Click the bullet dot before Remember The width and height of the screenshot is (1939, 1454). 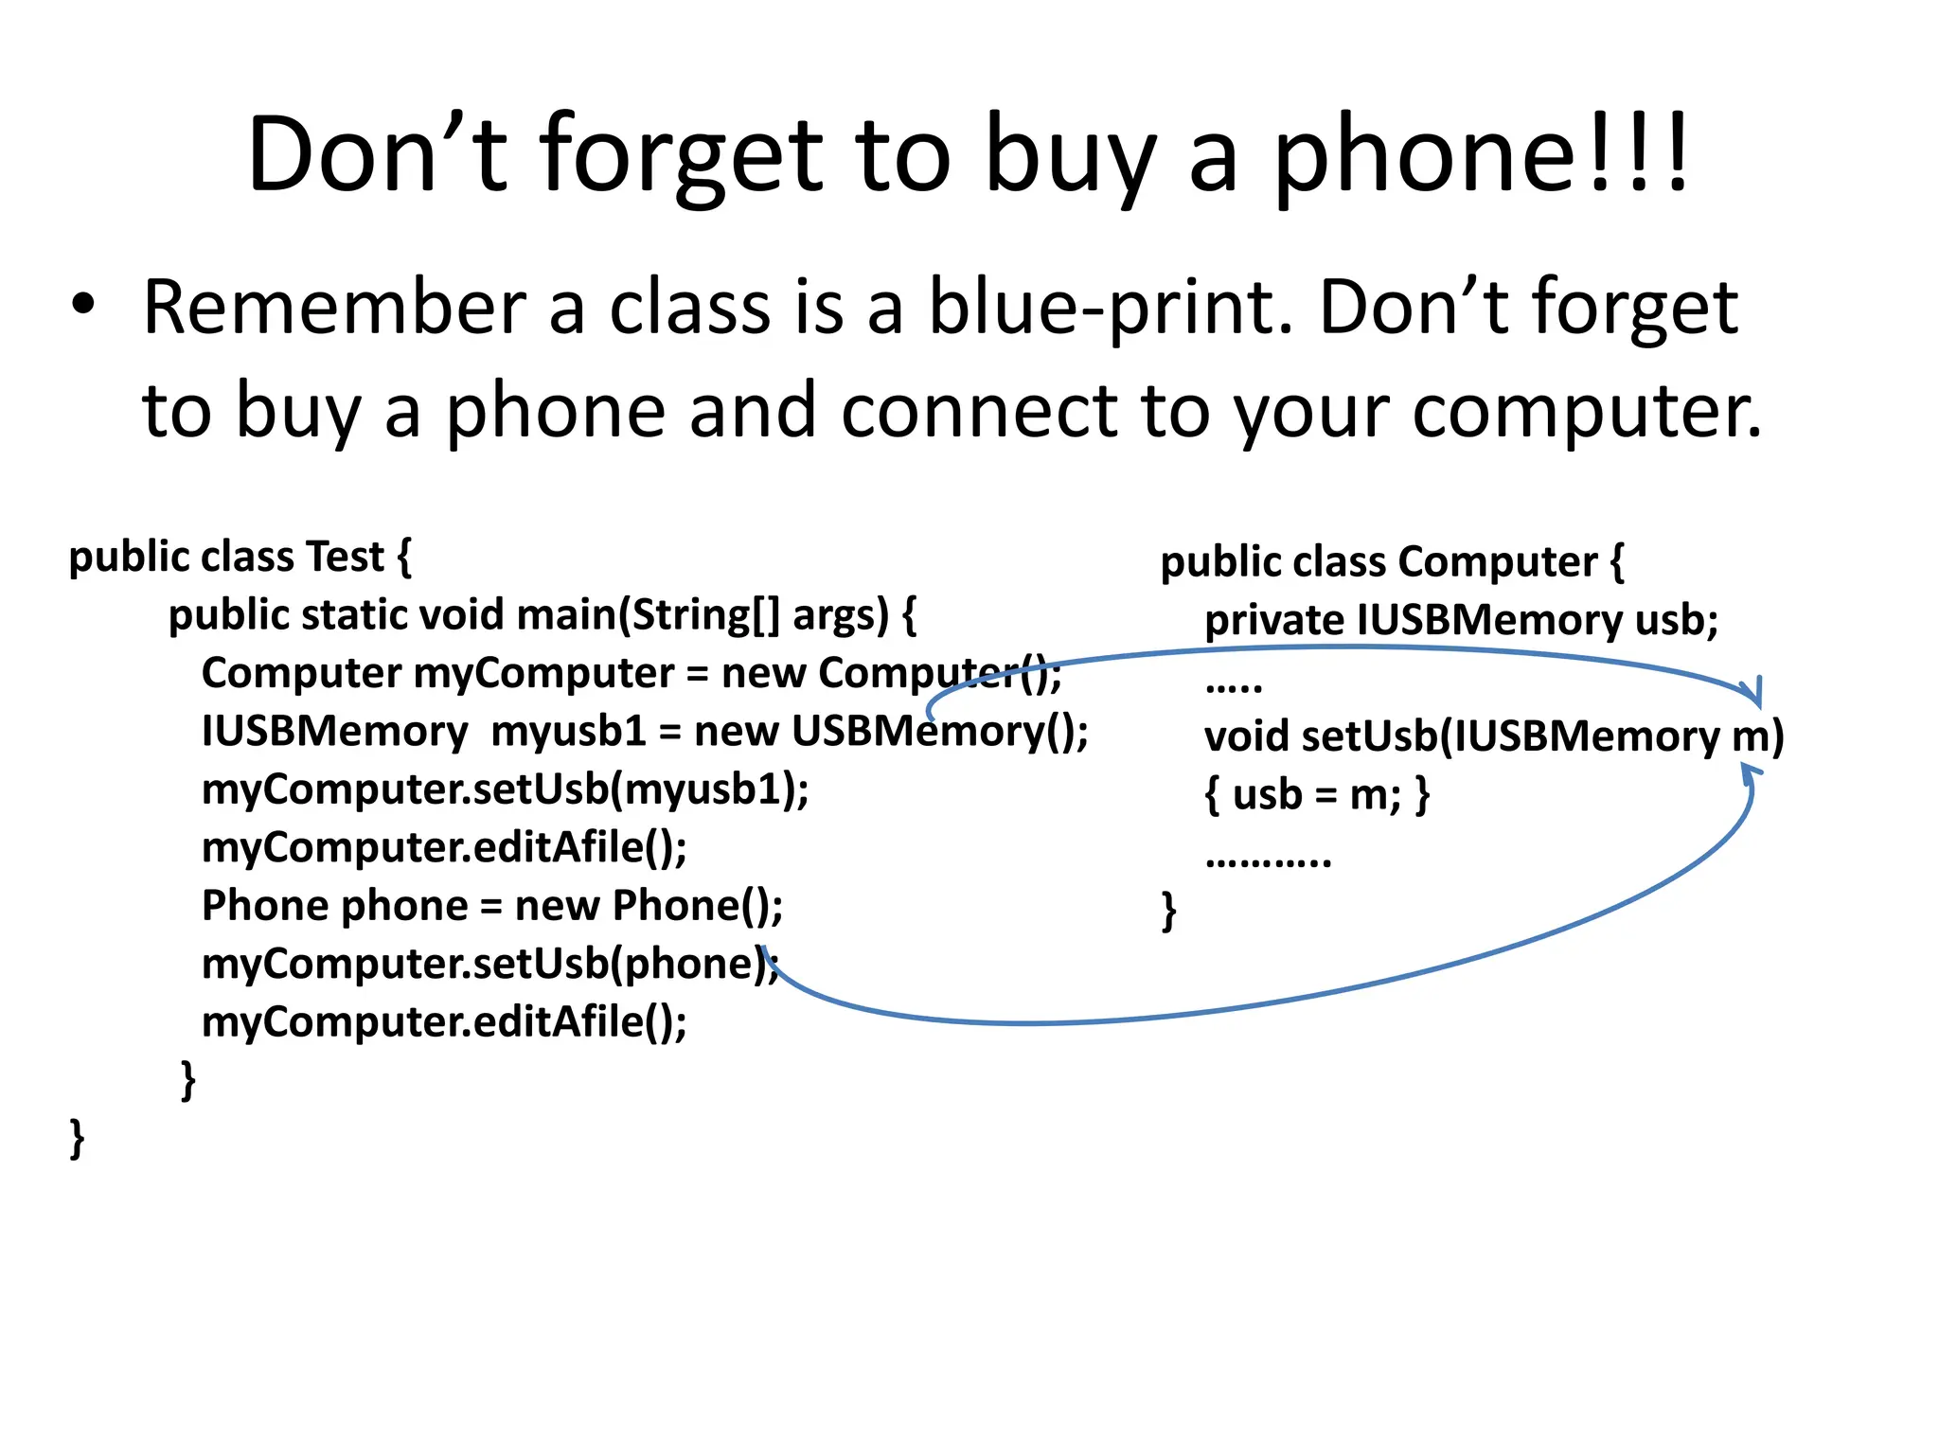[83, 304]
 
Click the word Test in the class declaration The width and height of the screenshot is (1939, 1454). [346, 557]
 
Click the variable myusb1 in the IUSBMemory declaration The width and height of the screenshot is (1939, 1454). [568, 732]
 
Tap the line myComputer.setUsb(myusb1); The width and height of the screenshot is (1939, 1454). [505, 789]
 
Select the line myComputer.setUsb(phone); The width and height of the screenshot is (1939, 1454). [489, 965]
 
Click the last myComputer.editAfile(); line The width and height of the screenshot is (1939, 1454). [444, 1022]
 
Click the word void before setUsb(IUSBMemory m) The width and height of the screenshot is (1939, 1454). [1246, 736]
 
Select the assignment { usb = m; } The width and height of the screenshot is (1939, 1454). [1316, 795]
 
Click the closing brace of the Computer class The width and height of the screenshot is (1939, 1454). [1169, 911]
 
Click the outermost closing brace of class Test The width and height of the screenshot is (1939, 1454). [77, 1138]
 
